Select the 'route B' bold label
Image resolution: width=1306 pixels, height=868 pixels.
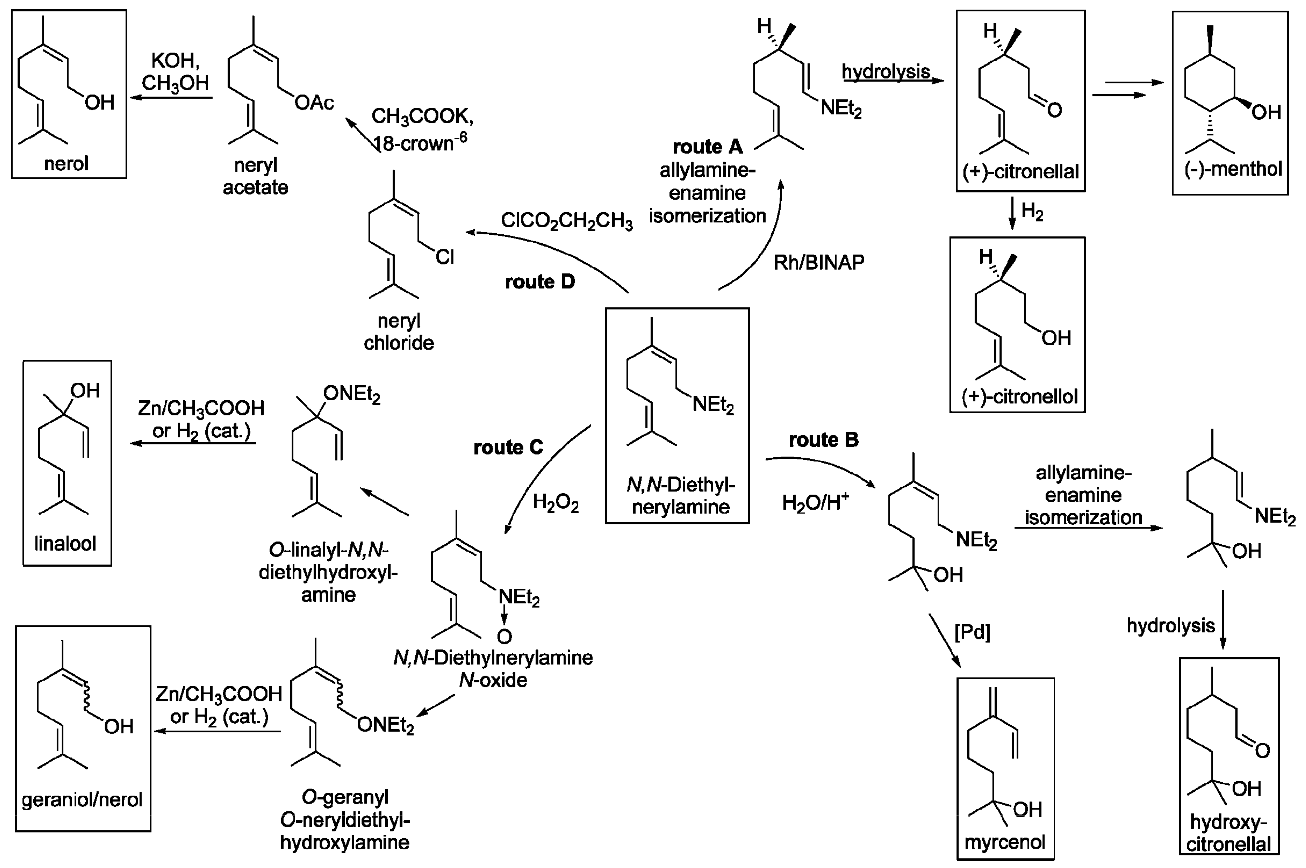click(823, 440)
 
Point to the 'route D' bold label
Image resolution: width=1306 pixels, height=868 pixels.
click(540, 282)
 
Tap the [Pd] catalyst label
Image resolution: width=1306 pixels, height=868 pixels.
click(972, 632)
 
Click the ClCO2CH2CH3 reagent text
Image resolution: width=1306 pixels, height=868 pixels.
click(566, 220)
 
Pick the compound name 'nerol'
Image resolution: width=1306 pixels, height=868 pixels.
click(66, 164)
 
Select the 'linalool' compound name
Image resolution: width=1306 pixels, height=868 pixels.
click(65, 544)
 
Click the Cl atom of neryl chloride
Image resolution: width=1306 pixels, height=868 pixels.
click(444, 257)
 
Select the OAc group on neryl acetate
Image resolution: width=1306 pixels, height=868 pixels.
click(314, 103)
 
